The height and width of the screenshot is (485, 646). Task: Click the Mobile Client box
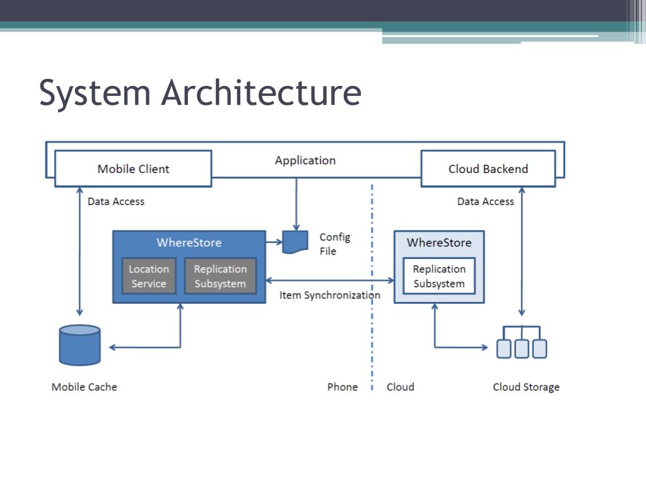[x=133, y=169]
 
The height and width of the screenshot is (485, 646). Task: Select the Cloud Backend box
[x=488, y=169]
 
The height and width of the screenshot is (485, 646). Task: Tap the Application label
[x=305, y=160]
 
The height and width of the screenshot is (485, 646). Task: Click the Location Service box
[x=149, y=277]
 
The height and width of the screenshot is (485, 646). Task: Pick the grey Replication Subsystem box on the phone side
[x=220, y=277]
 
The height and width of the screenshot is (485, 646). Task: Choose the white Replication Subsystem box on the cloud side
[x=439, y=277]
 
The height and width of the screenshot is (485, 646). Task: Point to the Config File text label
[x=334, y=244]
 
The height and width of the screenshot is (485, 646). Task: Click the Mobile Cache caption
[x=84, y=387]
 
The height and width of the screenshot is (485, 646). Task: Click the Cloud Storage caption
[x=526, y=387]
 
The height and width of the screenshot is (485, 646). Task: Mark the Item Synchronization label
[x=329, y=296]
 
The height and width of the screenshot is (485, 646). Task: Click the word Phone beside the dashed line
[x=342, y=387]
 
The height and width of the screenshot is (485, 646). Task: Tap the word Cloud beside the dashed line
[x=400, y=387]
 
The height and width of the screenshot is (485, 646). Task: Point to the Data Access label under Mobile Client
[x=115, y=201]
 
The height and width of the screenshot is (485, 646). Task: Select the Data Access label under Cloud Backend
[x=485, y=201]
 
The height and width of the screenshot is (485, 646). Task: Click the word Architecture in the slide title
[x=261, y=92]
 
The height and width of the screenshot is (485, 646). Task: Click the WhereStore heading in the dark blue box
[x=189, y=242]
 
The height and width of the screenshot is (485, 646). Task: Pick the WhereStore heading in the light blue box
[x=438, y=242]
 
